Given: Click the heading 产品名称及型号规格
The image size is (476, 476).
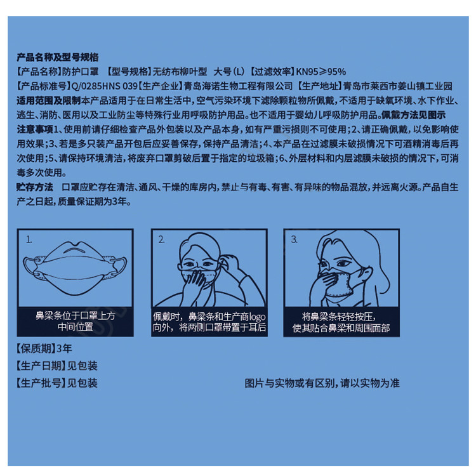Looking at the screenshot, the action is pos(58,57).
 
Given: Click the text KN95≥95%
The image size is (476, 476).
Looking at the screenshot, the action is pos(321,72).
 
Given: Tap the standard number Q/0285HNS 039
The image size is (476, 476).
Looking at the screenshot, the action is pos(105,86).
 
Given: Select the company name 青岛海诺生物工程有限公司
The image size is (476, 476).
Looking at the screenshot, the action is pos(238,86).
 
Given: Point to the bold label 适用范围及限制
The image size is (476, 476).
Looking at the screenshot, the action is pos(49,100).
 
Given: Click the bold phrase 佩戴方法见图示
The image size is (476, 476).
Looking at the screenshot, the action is pos(413,115).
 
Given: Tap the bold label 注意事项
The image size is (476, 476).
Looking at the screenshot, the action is pos(35,129).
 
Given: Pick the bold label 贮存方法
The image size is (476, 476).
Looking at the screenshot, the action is pos(35,187).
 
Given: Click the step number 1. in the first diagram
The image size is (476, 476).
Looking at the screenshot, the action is pos(29,240).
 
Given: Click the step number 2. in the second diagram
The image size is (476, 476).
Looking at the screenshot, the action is pos(161,240).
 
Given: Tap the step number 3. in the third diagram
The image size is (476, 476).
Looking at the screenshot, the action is pos(294,240).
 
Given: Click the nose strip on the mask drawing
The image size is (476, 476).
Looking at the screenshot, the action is pos(75,250).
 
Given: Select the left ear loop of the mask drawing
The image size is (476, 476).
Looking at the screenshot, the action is pos(31,266).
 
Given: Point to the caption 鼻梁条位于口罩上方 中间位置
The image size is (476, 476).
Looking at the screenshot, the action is pos(76,322).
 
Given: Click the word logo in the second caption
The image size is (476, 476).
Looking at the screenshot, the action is pos(257,317).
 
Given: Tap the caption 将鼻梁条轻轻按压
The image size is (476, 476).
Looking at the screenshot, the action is pos(339,317).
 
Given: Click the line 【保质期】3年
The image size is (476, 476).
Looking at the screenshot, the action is pos(44,348).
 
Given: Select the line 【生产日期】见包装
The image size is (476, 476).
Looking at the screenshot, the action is pos(57,366).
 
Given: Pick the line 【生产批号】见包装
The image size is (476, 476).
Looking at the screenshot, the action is pos(57,383).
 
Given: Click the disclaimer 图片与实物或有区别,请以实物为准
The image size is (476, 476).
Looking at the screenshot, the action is pos(322,383).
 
